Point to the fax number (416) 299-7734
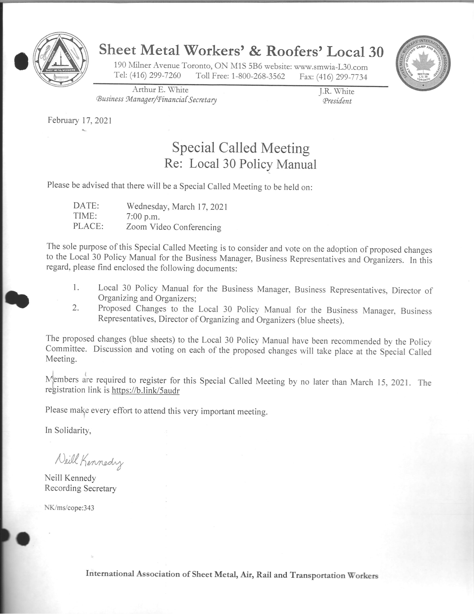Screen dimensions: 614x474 click(x=341, y=77)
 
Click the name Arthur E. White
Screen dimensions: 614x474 click(x=160, y=90)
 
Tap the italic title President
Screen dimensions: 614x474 click(x=337, y=101)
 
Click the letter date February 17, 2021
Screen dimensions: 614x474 click(x=80, y=120)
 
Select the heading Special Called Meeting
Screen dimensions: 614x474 click(x=241, y=148)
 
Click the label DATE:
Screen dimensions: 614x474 click(x=86, y=206)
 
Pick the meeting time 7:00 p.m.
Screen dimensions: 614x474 click(x=143, y=217)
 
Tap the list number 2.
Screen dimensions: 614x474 click(x=75, y=308)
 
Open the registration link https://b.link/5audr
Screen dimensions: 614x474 click(x=145, y=390)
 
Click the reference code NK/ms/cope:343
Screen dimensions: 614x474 click(x=69, y=508)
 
